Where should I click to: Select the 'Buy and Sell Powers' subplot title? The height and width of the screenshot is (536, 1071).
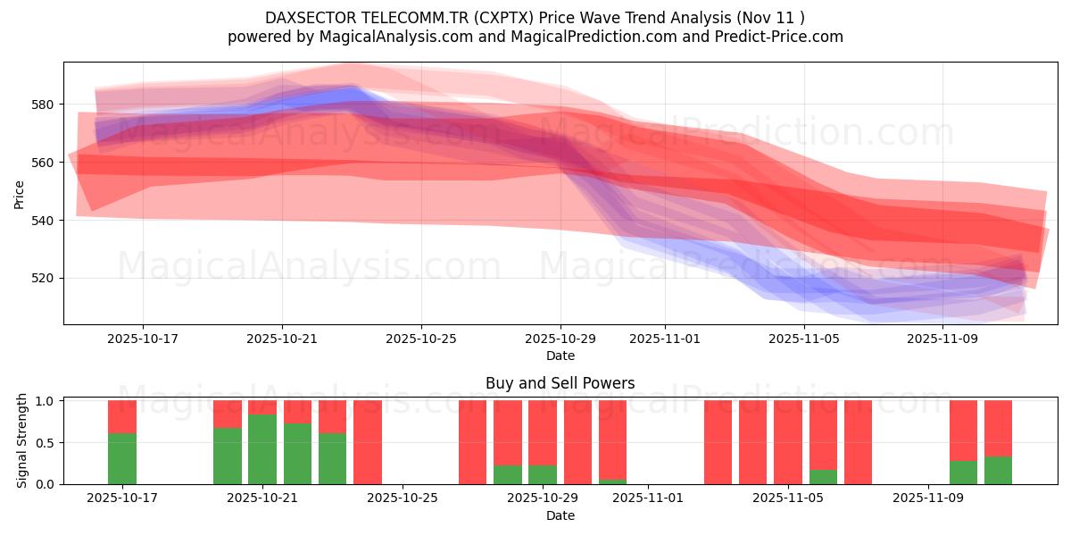[560, 383]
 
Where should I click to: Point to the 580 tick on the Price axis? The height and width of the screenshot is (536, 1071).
[42, 105]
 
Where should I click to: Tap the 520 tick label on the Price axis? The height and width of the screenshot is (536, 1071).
[42, 278]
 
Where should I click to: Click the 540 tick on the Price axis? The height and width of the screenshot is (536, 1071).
[42, 220]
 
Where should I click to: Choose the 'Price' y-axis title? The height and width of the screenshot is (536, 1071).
[20, 193]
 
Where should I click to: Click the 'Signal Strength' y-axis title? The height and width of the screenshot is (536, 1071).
[22, 441]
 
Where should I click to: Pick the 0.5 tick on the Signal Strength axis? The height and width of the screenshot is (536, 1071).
[45, 443]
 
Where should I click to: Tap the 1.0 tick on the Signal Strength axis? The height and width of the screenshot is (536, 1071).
[45, 401]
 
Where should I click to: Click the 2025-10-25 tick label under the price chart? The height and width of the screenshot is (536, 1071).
[421, 339]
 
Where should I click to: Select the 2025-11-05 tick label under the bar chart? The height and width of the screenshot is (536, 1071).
[789, 498]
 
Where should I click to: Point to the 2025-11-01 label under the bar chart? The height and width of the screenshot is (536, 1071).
[649, 498]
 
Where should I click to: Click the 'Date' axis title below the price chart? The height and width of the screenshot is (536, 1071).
[560, 356]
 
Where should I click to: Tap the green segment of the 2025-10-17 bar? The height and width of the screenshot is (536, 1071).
[122, 458]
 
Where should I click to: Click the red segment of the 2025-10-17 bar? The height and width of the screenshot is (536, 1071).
[122, 416]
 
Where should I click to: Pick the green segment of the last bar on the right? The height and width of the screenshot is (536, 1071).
[998, 470]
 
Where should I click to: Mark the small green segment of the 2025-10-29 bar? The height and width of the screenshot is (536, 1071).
[543, 474]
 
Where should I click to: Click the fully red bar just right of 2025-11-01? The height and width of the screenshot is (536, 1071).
[718, 442]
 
